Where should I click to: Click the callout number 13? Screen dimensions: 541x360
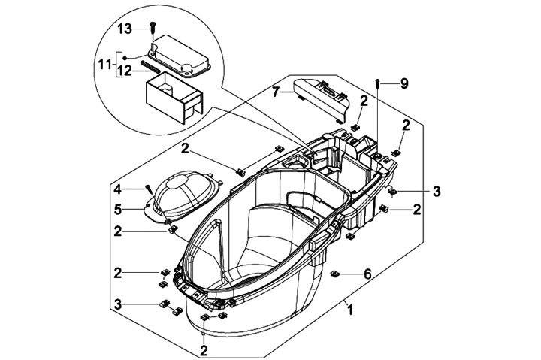[124, 29]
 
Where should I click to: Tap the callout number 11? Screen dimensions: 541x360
[105, 64]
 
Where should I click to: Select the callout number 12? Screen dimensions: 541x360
[124, 71]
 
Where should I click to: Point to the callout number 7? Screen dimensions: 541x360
[275, 92]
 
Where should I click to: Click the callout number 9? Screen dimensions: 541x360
[404, 83]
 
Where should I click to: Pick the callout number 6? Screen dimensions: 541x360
[367, 274]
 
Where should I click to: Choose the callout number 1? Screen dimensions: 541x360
[350, 310]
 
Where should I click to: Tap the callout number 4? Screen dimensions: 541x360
[118, 189]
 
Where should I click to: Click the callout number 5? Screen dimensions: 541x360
[118, 209]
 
